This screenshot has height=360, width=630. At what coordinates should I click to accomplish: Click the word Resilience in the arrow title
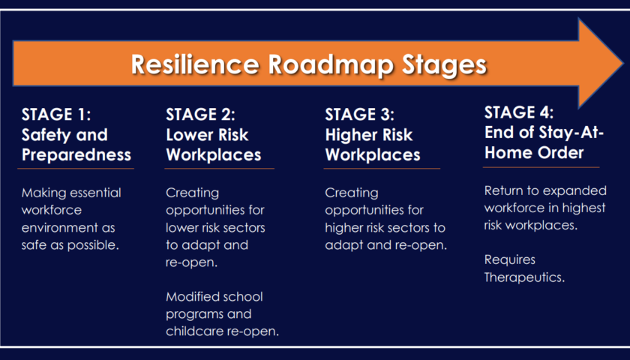[x=195, y=64]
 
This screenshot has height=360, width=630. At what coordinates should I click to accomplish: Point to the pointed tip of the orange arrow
[x=622, y=63]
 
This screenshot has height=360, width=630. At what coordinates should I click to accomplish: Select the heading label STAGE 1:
[x=56, y=115]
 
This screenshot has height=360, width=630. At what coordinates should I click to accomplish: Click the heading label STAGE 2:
[x=200, y=115]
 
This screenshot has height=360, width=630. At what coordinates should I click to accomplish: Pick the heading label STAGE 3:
[x=359, y=115]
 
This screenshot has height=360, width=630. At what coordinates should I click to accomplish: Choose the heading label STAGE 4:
[x=519, y=112]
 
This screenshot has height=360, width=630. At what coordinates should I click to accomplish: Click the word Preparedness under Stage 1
[x=76, y=155]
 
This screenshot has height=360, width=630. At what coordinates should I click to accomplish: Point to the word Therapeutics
[x=524, y=277]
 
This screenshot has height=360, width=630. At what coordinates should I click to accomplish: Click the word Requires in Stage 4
[x=510, y=260]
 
